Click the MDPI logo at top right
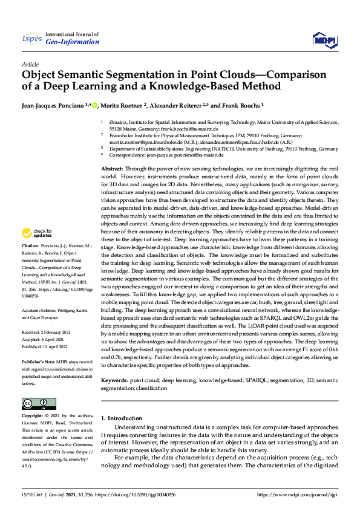click(323, 40)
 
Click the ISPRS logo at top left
click(32, 39)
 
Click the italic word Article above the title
click(30, 64)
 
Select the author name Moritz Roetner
click(123, 105)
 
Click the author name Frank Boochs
click(240, 105)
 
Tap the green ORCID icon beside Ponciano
click(94, 105)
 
